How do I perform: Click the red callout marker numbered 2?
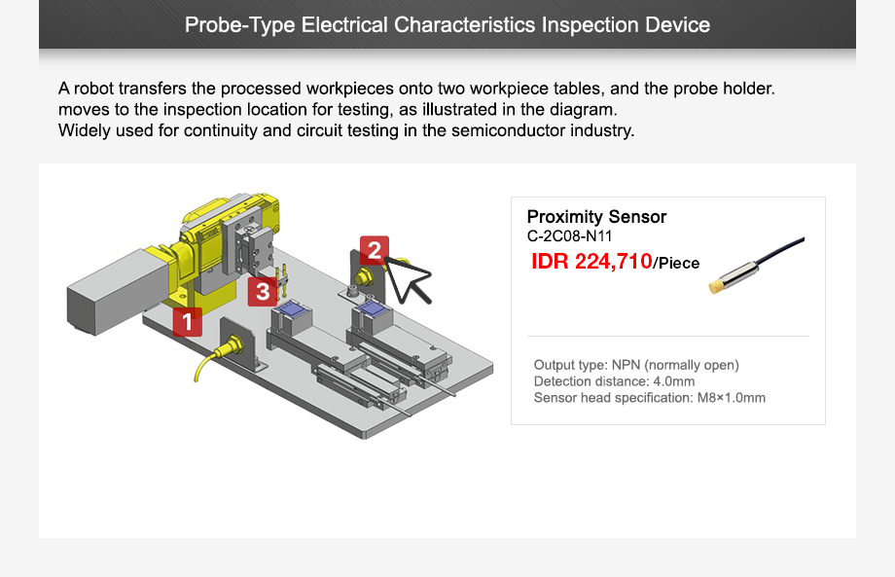pyautogui.click(x=374, y=250)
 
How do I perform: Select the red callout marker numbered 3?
pyautogui.click(x=262, y=291)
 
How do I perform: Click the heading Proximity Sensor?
pyautogui.click(x=596, y=217)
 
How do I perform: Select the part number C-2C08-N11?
pyautogui.click(x=569, y=235)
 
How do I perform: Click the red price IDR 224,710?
pyautogui.click(x=591, y=261)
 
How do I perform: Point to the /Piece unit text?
pyautogui.click(x=676, y=263)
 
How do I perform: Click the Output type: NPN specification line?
pyautogui.click(x=636, y=365)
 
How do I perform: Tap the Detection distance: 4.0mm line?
pyautogui.click(x=614, y=381)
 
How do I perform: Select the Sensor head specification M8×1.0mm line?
pyautogui.click(x=649, y=398)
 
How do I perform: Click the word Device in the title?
pyautogui.click(x=677, y=24)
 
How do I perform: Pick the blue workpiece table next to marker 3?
pyautogui.click(x=291, y=312)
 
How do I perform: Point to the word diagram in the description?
pyautogui.click(x=587, y=109)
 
